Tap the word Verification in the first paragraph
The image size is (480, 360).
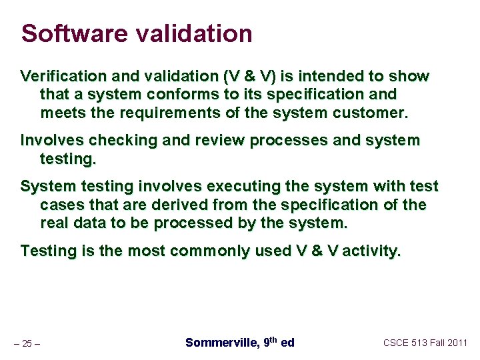(61, 77)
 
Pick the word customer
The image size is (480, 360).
(371, 112)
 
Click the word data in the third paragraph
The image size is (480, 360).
(90, 222)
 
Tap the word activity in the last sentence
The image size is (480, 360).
(370, 251)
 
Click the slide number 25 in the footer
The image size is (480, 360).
(27, 343)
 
